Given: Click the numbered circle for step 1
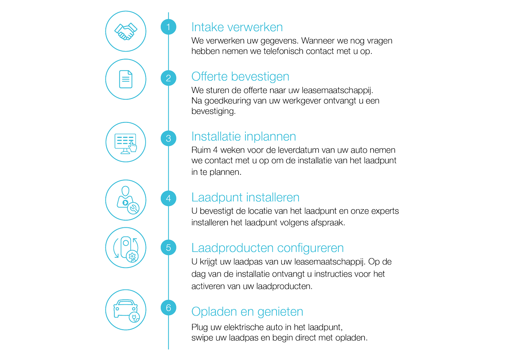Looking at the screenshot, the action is pyautogui.click(x=168, y=27).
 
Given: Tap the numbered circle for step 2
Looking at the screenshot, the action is pyautogui.click(x=168, y=78).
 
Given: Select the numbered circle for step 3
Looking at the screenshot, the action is pyautogui.click(x=168, y=138).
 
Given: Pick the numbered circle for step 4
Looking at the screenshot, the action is pyautogui.click(x=168, y=199).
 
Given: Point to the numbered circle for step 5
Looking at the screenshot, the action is pyautogui.click(x=168, y=247).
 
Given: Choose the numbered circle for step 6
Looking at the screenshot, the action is pyautogui.click(x=168, y=308).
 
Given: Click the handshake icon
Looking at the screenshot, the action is pyautogui.click(x=126, y=31).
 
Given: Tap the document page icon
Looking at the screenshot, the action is pyautogui.click(x=126, y=79).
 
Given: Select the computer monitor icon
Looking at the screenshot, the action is pyautogui.click(x=126, y=144).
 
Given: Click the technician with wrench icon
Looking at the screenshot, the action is pyautogui.click(x=128, y=200).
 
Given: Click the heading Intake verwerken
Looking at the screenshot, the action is pyautogui.click(x=237, y=27).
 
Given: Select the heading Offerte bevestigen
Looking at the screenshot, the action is pyautogui.click(x=240, y=77).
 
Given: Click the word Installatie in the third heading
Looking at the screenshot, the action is pyautogui.click(x=216, y=137).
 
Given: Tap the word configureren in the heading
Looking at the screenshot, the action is pyautogui.click(x=310, y=248).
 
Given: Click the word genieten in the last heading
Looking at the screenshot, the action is pyautogui.click(x=280, y=311).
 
